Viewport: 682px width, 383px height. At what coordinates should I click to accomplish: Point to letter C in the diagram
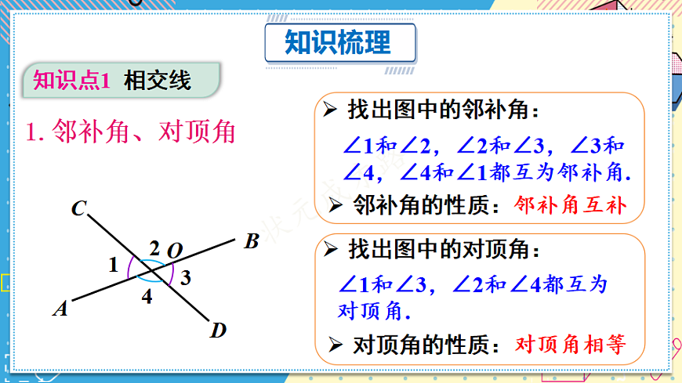78,208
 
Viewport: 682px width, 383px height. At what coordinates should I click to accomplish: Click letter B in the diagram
251,242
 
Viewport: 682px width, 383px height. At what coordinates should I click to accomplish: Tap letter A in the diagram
60,309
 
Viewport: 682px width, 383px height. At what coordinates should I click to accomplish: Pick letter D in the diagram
218,331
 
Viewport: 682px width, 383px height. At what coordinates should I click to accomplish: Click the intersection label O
175,251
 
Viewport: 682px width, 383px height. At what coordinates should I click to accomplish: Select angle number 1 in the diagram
114,265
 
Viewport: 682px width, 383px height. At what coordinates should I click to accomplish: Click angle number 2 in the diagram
154,248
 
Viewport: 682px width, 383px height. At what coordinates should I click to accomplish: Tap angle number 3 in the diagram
185,276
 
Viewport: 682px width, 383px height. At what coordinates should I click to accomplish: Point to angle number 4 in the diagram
147,297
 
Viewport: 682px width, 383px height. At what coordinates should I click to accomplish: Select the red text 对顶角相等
570,344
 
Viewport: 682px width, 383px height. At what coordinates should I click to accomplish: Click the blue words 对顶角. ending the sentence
374,310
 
